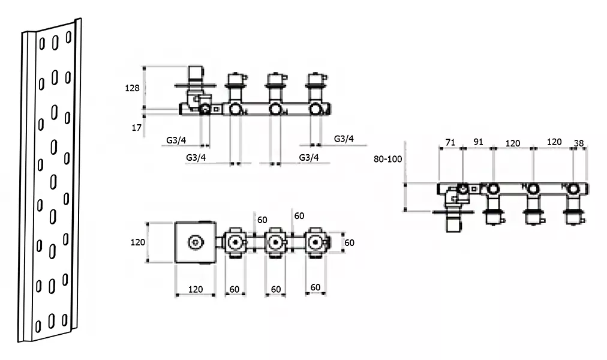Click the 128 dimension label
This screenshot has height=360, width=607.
click(x=132, y=88)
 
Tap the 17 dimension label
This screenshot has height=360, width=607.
click(x=137, y=128)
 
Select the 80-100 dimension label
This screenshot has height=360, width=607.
click(x=387, y=159)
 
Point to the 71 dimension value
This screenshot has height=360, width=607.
click(x=450, y=142)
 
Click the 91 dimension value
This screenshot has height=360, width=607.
click(x=479, y=142)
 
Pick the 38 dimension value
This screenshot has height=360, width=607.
click(x=579, y=143)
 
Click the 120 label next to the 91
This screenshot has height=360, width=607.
click(x=513, y=143)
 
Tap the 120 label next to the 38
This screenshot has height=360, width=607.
click(x=554, y=142)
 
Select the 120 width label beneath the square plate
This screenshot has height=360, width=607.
click(x=196, y=289)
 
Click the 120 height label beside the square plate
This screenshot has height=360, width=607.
click(x=137, y=242)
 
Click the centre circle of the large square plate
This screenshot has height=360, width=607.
click(x=196, y=243)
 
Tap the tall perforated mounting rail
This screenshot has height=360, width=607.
click(x=50, y=181)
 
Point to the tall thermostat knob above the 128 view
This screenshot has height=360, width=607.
click(x=196, y=74)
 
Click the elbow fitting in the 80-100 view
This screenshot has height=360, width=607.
click(x=452, y=196)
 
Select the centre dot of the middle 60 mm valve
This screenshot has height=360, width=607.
click(x=275, y=243)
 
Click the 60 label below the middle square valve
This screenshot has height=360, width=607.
click(x=276, y=289)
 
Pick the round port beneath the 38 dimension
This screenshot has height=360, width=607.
click(x=573, y=189)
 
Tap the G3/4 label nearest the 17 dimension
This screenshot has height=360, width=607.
click(x=176, y=140)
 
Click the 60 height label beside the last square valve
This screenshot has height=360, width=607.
click(x=349, y=243)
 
